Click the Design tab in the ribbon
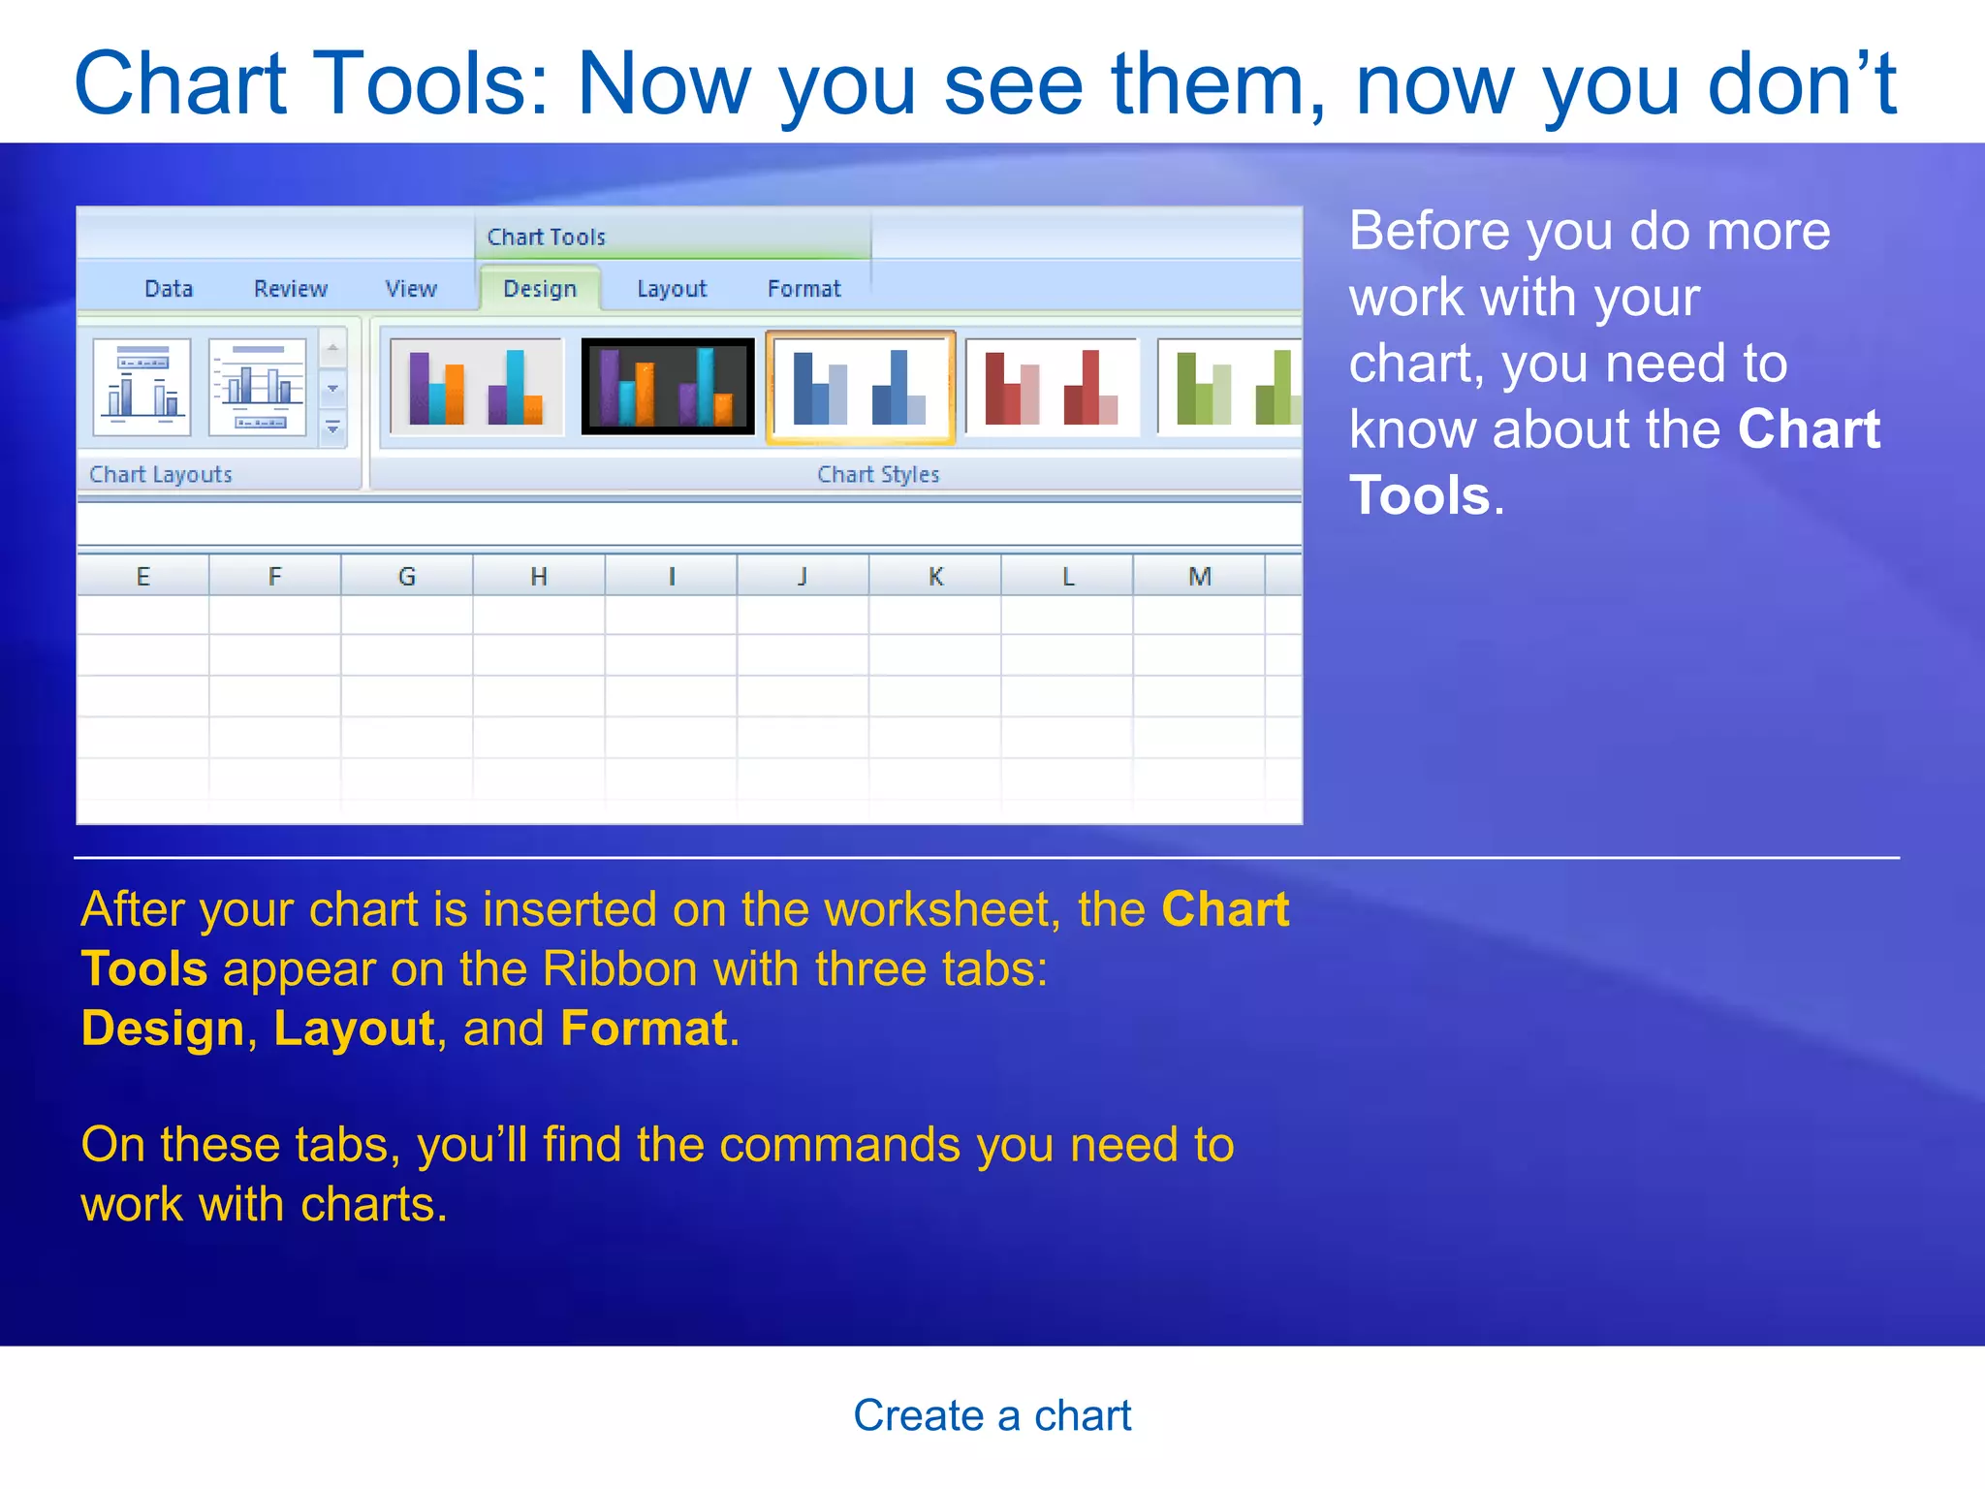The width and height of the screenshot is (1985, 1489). coord(540,289)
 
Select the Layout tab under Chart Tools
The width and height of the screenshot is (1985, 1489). coord(672,289)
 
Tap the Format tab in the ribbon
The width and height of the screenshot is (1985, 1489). coord(803,289)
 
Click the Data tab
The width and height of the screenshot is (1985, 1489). coord(169,289)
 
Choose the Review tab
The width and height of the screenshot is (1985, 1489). coord(291,289)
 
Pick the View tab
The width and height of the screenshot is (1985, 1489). coord(411,289)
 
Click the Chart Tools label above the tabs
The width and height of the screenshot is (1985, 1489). coord(546,238)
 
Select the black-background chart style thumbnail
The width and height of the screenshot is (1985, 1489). coord(668,387)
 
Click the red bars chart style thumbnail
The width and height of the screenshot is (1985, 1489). coord(1052,387)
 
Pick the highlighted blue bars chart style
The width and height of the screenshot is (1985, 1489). coord(860,387)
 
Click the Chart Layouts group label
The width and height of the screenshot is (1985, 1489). coord(161,475)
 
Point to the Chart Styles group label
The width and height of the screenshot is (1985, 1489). coord(878,475)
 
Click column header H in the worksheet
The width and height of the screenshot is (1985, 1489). coord(539,577)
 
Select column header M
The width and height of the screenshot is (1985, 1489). coord(1200,577)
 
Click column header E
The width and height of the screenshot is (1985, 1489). coord(143,577)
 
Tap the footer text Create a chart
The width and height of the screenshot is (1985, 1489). coord(992,1415)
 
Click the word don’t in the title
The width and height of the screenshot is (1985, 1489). coord(1801,84)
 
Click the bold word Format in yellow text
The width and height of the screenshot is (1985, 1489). coord(644,1029)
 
